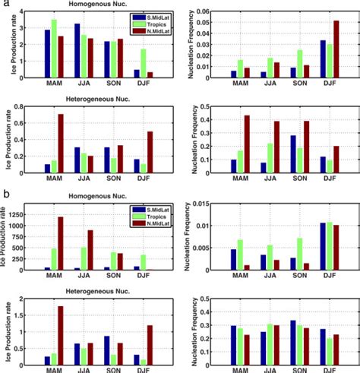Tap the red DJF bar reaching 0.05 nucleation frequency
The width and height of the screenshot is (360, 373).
click(x=336, y=49)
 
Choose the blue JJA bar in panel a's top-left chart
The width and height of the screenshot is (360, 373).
click(x=77, y=51)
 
